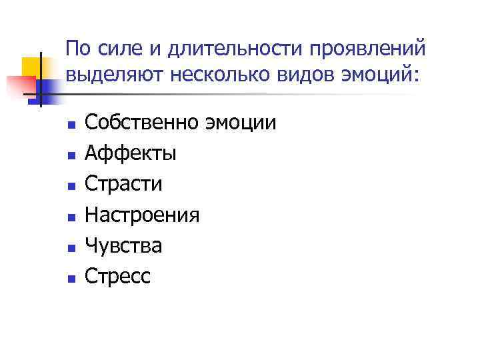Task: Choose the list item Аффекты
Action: [x=131, y=153]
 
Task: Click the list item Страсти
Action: [x=124, y=184]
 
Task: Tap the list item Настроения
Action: [x=143, y=215]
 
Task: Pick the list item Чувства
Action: [x=124, y=245]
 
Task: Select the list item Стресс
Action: [x=119, y=276]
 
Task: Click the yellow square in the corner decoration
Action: [x=33, y=66]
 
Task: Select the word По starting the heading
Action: [x=78, y=49]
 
